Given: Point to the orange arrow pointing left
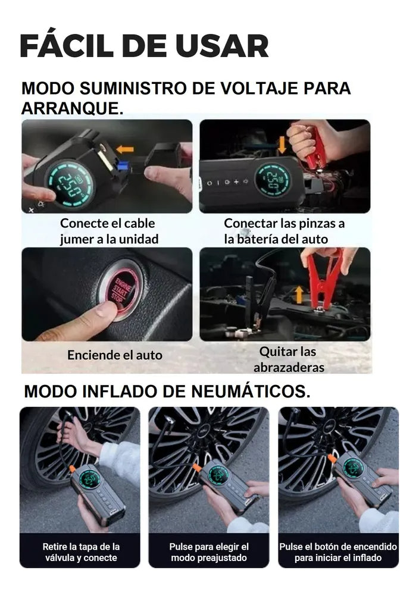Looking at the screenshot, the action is coord(125,149).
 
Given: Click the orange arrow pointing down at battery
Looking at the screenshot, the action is coord(282,145).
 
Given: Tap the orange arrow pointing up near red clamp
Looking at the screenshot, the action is coord(299,295).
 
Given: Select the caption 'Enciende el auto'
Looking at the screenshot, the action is coord(115,355).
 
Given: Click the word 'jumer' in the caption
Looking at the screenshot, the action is coord(74,239).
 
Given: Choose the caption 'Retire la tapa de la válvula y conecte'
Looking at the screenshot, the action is coord(81,552).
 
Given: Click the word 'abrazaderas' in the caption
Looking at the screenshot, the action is coord(289,367).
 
